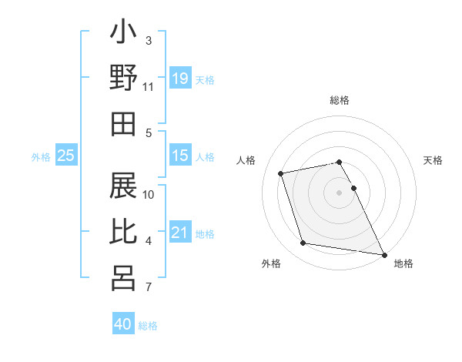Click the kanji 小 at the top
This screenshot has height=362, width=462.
(x=123, y=34)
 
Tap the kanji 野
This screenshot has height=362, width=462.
(x=123, y=79)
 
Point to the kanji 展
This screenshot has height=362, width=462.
(x=123, y=187)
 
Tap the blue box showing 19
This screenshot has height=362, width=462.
(x=179, y=78)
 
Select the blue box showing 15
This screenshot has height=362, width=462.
(x=179, y=156)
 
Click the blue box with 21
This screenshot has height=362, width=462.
(x=179, y=233)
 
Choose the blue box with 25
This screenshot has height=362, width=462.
(x=65, y=156)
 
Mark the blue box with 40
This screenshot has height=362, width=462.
(x=123, y=324)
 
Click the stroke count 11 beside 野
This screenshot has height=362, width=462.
(x=149, y=86)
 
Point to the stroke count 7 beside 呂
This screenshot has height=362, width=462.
(x=148, y=288)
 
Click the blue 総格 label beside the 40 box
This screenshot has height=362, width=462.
(x=148, y=326)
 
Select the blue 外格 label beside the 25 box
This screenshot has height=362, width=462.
(x=41, y=157)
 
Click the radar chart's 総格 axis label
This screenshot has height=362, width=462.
(x=340, y=100)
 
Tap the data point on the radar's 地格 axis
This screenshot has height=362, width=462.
(x=383, y=254)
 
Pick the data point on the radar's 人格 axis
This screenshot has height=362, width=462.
(x=281, y=173)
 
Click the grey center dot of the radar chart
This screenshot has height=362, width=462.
(x=340, y=192)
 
